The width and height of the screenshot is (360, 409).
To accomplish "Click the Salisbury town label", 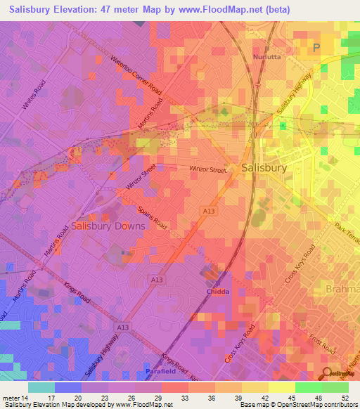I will point(264,169).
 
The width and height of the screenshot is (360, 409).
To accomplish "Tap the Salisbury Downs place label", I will point(108,226).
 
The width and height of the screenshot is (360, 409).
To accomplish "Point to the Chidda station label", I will point(218,291).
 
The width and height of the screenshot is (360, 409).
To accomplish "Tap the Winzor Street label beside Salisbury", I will point(207,169).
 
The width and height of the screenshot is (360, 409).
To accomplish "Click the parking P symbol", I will point(316,47).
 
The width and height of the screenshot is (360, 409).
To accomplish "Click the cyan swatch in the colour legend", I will point(41,387).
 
